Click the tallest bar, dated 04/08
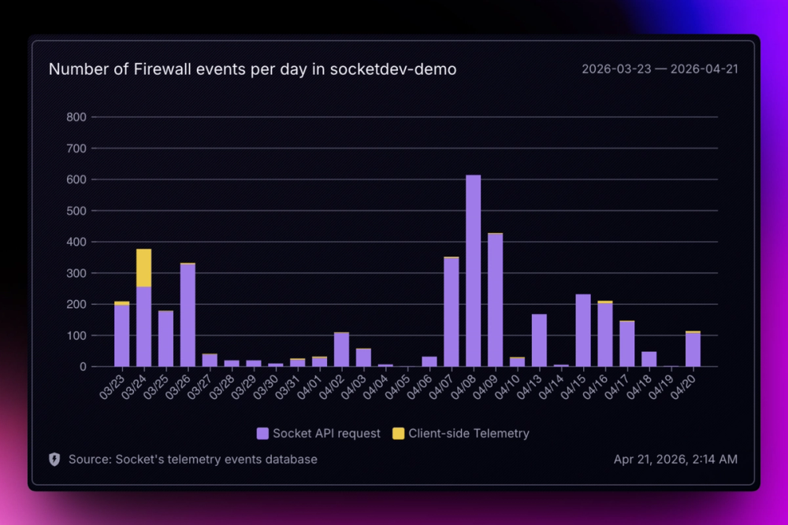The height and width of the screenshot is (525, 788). click(x=473, y=271)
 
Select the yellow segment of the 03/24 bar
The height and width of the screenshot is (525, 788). click(x=144, y=268)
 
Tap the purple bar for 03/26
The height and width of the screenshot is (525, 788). click(x=188, y=315)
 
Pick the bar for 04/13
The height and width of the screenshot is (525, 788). click(x=539, y=340)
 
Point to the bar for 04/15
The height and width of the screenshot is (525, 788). click(x=583, y=331)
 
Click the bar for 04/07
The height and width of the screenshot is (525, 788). click(x=452, y=312)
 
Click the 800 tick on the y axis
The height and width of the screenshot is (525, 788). click(x=77, y=117)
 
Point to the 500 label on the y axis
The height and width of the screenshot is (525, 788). click(x=77, y=211)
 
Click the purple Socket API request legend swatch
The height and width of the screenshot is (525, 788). click(x=262, y=433)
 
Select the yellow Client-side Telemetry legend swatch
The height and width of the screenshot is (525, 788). click(x=398, y=433)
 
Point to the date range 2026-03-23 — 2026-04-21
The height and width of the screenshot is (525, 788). click(x=660, y=69)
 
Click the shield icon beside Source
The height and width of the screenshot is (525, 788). click(x=54, y=459)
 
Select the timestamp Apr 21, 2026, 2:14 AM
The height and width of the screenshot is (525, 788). click(x=675, y=459)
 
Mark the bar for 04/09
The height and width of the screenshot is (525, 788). click(x=495, y=300)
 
